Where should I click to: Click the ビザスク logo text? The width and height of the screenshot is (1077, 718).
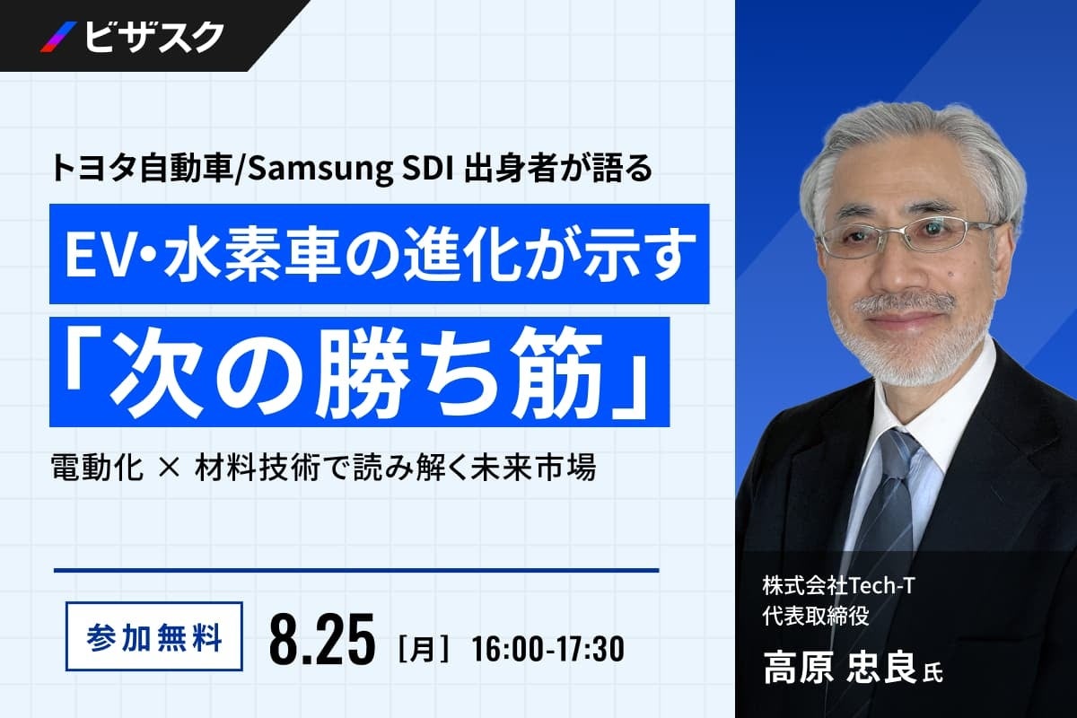point(153,37)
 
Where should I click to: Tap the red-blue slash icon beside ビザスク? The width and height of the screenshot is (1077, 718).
point(58,37)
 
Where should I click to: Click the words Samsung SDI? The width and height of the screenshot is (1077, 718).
point(351,170)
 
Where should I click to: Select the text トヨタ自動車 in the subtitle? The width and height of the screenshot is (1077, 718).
point(142,170)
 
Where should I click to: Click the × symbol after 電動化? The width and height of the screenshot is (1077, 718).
point(169,467)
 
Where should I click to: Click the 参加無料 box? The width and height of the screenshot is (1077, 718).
point(153,636)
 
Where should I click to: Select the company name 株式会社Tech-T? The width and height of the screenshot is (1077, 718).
point(838,586)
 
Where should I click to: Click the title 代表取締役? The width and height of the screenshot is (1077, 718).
point(816,616)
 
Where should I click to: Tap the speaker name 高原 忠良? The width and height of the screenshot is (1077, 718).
point(839,669)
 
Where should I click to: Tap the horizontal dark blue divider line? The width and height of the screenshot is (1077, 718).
point(356,570)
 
